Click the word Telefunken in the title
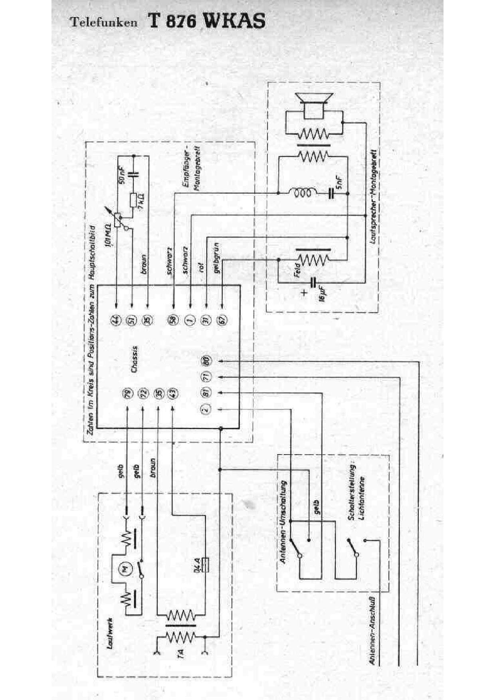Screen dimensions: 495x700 pyautogui.click(x=104, y=22)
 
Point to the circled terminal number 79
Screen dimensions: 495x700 pyautogui.click(x=127, y=394)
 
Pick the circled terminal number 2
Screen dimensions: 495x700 pyautogui.click(x=206, y=409)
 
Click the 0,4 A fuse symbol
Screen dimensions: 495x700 pyautogui.click(x=206, y=565)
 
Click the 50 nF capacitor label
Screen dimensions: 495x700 pyautogui.click(x=123, y=174)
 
